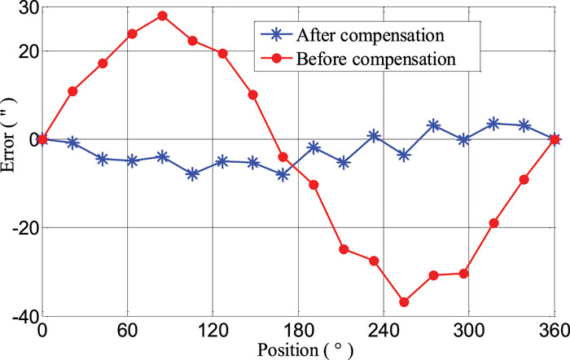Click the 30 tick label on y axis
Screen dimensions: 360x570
click(x=26, y=7)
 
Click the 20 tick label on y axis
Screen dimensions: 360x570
click(x=26, y=51)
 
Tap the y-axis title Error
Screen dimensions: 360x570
click(x=10, y=158)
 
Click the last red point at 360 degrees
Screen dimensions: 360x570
click(x=555, y=139)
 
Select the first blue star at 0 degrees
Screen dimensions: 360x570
click(x=42, y=139)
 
